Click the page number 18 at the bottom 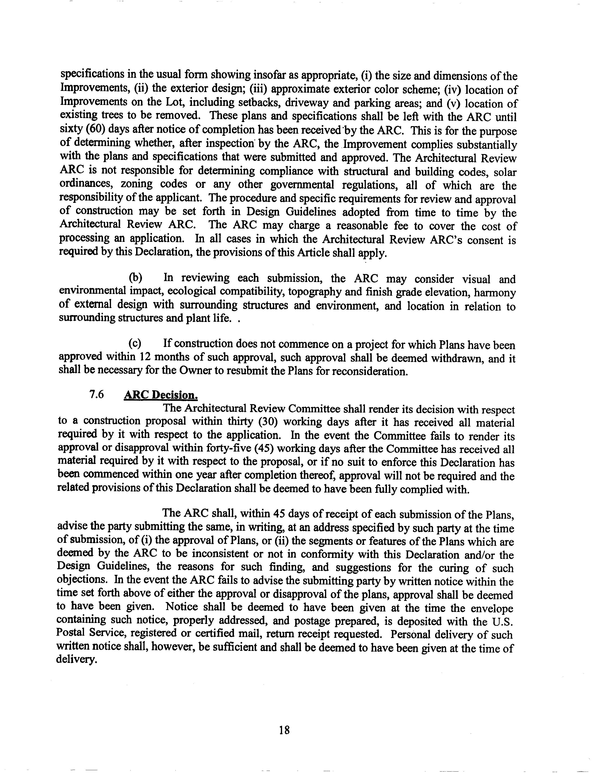tap(284, 730)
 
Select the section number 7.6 tap(96, 395)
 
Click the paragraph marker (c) tap(135, 344)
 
